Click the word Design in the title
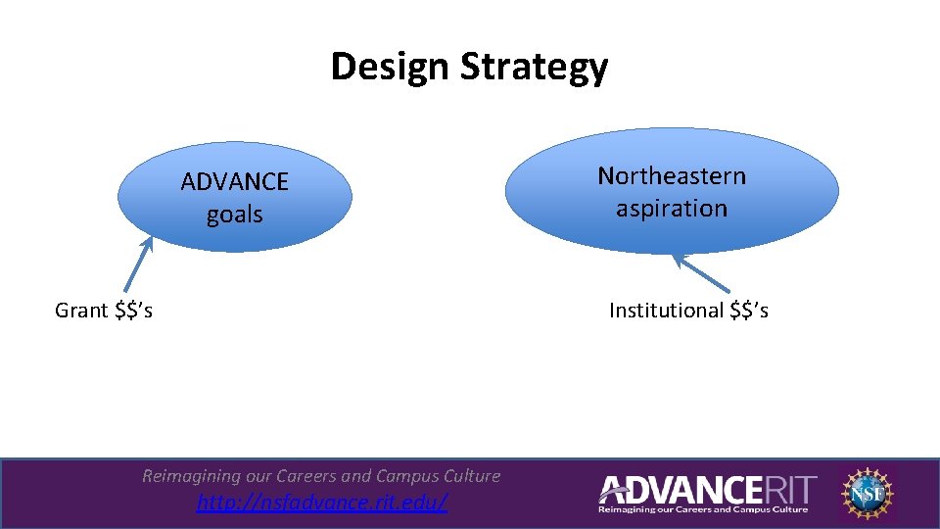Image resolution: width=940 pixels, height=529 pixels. (377, 68)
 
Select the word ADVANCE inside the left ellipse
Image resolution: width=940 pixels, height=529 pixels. (235, 182)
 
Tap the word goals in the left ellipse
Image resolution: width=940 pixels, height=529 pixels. (235, 215)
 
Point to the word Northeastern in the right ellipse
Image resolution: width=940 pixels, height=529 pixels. (672, 176)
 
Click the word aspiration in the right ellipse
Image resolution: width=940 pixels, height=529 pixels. (672, 209)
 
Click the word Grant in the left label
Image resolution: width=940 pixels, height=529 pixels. (81, 311)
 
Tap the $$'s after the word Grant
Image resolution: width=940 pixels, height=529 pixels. (132, 311)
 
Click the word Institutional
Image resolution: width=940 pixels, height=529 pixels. (666, 311)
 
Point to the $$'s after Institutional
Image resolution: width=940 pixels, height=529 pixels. (749, 311)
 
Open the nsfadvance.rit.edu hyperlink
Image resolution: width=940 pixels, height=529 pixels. (322, 504)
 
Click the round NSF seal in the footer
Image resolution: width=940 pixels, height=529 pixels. (867, 492)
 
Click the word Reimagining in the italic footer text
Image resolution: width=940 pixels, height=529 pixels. (191, 476)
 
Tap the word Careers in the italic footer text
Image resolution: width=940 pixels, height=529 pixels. (308, 476)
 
